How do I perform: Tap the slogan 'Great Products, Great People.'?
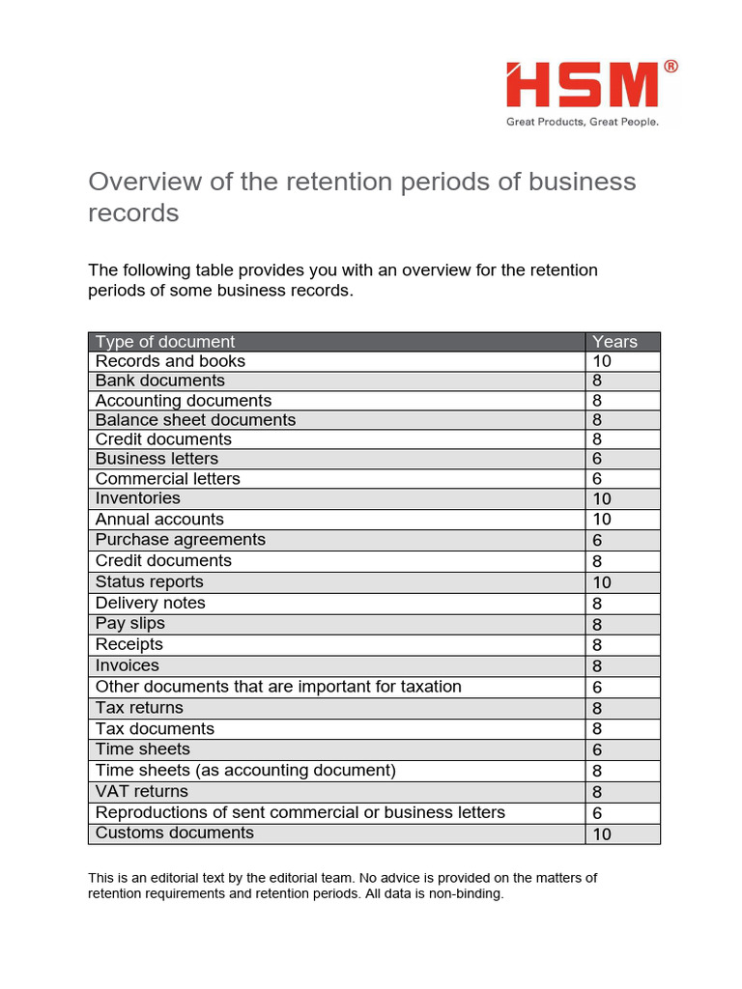583,123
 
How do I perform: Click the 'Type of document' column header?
165,342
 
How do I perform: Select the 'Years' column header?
614,342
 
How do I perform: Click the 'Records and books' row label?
170,361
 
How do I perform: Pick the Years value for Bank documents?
597,381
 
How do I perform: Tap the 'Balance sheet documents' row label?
195,420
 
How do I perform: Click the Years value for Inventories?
602,499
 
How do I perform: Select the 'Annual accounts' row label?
159,520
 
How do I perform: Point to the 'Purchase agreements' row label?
180,540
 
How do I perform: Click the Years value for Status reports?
602,582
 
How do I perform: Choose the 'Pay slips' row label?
130,624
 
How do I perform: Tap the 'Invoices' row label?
128,665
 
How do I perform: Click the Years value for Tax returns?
597,708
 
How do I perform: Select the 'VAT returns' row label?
142,792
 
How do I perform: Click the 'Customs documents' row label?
175,833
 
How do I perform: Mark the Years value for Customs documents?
602,834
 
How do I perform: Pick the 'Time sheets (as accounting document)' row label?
245,771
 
